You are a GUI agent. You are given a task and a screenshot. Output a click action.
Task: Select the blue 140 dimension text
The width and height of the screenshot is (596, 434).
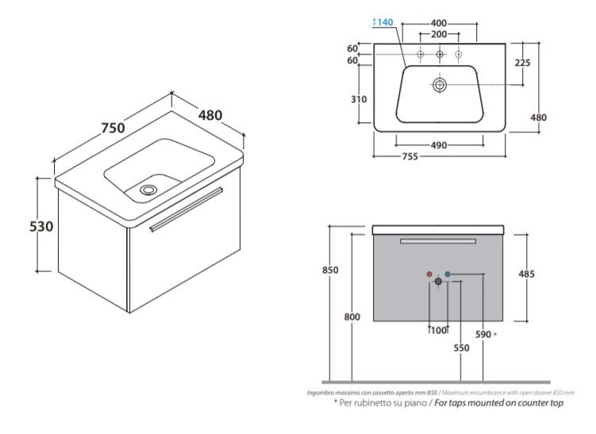[384, 22]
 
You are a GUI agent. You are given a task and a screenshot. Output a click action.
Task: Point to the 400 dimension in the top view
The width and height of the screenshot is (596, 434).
[439, 22]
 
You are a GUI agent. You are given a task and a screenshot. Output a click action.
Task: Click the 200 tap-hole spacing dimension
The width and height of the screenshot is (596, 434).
[439, 35]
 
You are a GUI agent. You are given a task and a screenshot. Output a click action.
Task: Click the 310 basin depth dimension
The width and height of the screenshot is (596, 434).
[359, 99]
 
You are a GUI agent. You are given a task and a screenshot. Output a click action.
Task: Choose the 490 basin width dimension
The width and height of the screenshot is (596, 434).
[439, 145]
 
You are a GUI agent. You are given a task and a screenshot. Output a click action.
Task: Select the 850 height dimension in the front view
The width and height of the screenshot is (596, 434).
[330, 270]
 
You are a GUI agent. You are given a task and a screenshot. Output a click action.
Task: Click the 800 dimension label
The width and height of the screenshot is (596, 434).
[352, 317]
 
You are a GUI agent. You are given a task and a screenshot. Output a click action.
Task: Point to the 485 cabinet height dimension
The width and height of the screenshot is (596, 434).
[526, 275]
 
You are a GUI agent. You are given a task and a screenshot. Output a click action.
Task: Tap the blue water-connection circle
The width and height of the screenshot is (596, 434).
[448, 275]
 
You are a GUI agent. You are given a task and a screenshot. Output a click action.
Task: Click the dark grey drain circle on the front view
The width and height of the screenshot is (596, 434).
[438, 281]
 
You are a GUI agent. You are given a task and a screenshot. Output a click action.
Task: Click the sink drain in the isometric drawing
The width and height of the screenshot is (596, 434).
[148, 190]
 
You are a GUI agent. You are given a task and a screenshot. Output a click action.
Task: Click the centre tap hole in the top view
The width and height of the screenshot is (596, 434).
[439, 54]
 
